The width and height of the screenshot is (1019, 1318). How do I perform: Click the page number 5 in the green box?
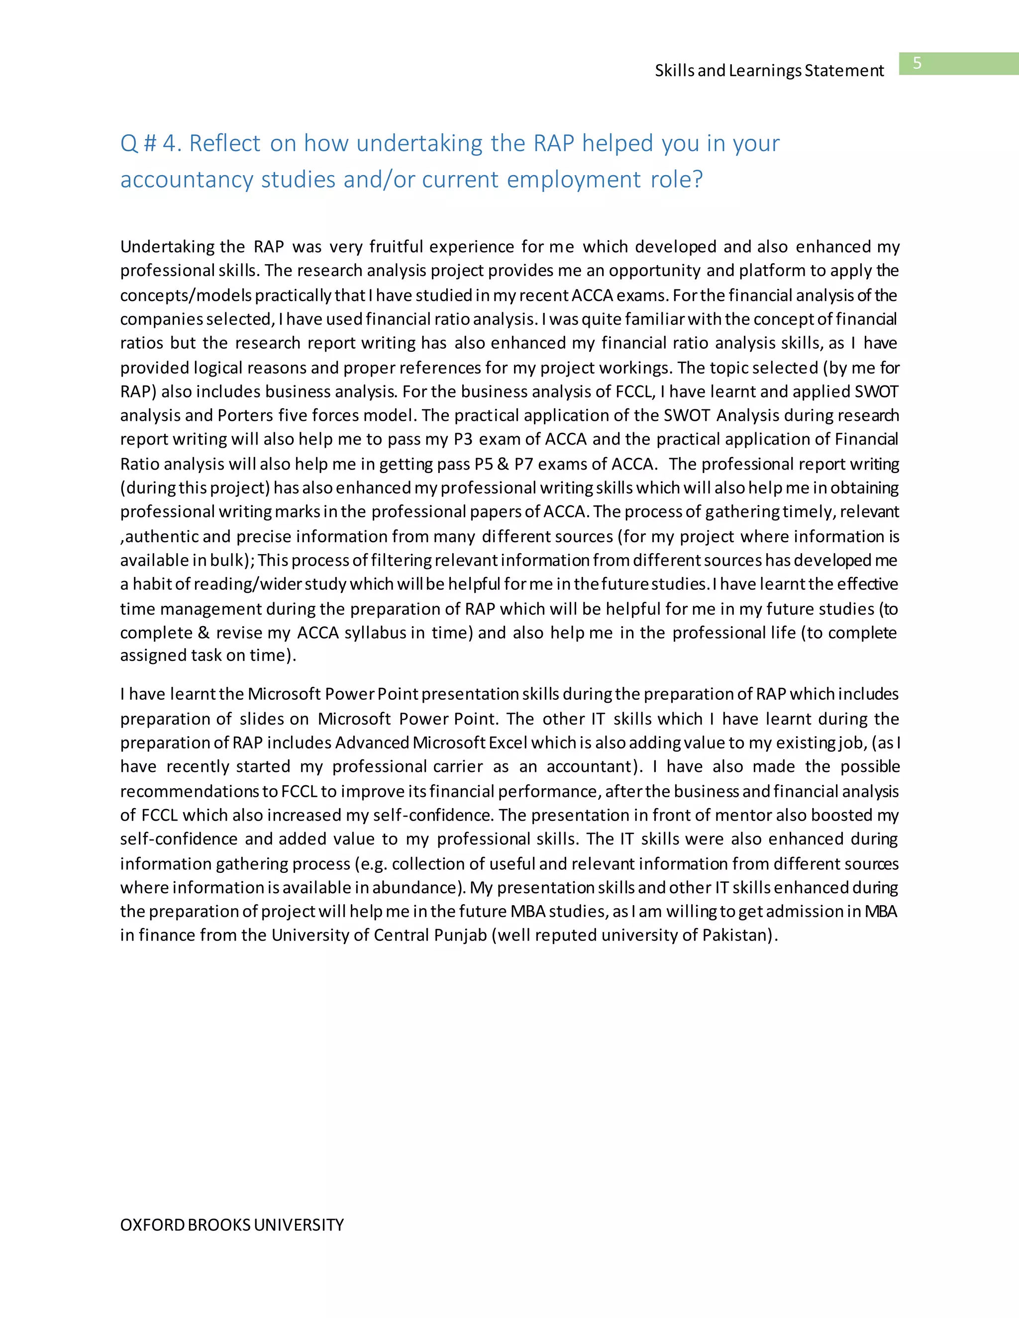click(x=917, y=63)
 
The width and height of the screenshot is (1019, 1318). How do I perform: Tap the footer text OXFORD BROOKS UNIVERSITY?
click(x=232, y=1224)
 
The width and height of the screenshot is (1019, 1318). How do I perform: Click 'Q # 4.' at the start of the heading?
click(x=150, y=144)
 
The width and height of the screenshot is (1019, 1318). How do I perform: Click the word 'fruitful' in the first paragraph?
click(x=396, y=247)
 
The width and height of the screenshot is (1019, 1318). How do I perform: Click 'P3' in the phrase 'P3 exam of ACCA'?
click(x=463, y=439)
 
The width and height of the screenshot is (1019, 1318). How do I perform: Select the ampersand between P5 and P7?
click(x=504, y=464)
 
